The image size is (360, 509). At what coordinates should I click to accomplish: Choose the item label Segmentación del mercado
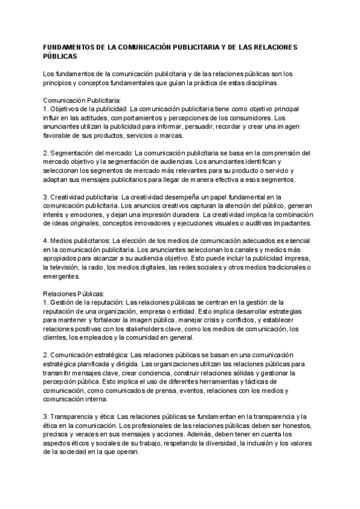pyautogui.click(x=91, y=153)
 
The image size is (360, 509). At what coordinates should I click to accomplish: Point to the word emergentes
pyautogui.click(x=62, y=277)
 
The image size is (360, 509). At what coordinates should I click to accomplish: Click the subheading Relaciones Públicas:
pyautogui.click(x=74, y=294)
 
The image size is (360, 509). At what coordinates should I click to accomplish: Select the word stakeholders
pyautogui.click(x=145, y=329)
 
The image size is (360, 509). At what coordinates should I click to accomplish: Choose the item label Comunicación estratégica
pyautogui.click(x=89, y=355)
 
